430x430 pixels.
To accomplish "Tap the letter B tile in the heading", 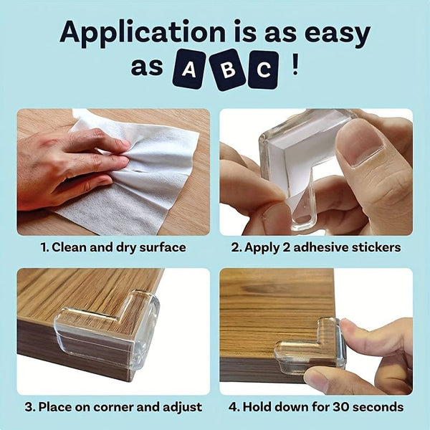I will [228, 70].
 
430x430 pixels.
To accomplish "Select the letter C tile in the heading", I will [264, 70].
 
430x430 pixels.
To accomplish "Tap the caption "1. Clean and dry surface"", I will [113, 247].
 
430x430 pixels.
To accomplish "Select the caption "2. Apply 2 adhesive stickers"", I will [316, 247].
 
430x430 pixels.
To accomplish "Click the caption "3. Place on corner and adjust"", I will [113, 406].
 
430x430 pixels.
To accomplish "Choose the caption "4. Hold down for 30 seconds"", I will [316, 406].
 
